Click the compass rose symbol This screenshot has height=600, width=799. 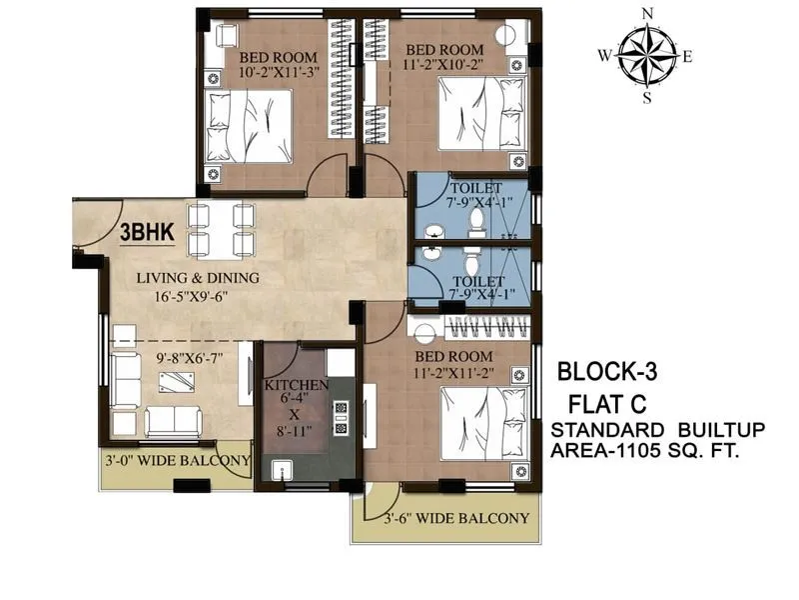pyautogui.click(x=646, y=54)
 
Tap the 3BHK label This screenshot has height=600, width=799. pyautogui.click(x=147, y=232)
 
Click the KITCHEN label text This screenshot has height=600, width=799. pyautogui.click(x=296, y=385)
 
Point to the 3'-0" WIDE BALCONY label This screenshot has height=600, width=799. pyautogui.click(x=177, y=461)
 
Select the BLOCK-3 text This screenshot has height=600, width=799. pyautogui.click(x=607, y=372)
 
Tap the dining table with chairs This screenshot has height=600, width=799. pyautogui.click(x=220, y=229)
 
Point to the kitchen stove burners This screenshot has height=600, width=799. pyautogui.click(x=341, y=418)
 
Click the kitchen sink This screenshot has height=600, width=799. pyautogui.click(x=279, y=469)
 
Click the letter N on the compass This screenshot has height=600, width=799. pyautogui.click(x=646, y=13)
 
